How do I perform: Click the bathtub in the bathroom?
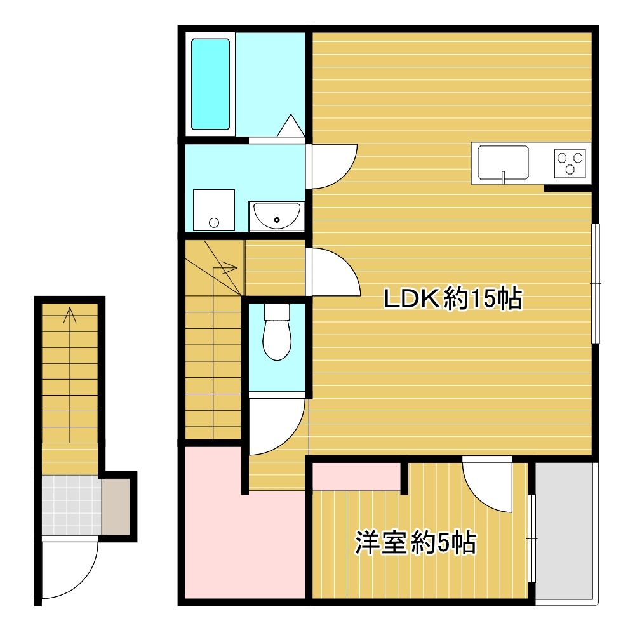210,84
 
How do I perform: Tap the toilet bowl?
277,331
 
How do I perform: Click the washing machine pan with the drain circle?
214,210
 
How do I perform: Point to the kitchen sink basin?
503,163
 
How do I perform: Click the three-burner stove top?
570,163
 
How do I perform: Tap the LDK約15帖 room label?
452,299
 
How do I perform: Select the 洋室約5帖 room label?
415,543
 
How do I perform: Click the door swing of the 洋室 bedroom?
487,483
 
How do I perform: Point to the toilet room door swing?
277,426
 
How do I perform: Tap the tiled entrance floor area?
71,505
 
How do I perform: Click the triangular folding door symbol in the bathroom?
290,125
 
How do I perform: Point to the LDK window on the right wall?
596,283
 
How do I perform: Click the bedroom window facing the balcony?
531,538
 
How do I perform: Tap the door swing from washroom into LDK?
334,166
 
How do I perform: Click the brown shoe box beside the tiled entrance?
116,507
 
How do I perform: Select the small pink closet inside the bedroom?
357,477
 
